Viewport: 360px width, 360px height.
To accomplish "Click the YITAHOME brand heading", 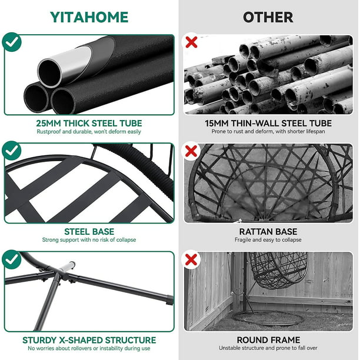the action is click(x=89, y=17).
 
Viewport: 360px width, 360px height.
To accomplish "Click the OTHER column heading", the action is click(x=268, y=17).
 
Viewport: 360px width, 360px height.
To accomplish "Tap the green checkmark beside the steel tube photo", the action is click(x=12, y=42).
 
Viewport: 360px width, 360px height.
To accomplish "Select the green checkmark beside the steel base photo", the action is click(x=12, y=151).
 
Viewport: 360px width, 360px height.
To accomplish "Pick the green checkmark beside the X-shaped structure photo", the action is click(x=12, y=259).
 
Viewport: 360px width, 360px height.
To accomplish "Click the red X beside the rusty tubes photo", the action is click(x=191, y=42).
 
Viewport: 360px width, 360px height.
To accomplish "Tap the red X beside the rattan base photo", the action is click(x=191, y=151).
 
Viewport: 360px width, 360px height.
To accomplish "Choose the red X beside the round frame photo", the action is click(x=191, y=259).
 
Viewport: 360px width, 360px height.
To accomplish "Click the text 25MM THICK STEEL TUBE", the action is click(x=89, y=124).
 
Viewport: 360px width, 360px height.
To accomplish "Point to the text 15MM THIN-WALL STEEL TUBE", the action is click(x=268, y=124).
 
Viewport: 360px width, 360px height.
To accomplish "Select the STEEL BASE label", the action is click(x=89, y=232).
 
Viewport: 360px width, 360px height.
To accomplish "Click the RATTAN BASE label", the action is click(x=268, y=232).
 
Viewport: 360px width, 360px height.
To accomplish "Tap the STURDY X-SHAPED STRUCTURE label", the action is click(x=89, y=340).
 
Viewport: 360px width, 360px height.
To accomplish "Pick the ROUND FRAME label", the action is click(x=268, y=340).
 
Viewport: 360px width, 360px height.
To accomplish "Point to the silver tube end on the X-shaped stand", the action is click(x=67, y=266).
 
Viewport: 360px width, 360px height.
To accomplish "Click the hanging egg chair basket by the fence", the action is click(x=278, y=270).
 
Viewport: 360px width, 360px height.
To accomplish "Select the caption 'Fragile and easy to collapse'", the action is click(x=268, y=240).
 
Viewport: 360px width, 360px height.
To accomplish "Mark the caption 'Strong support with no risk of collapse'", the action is click(x=89, y=240).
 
